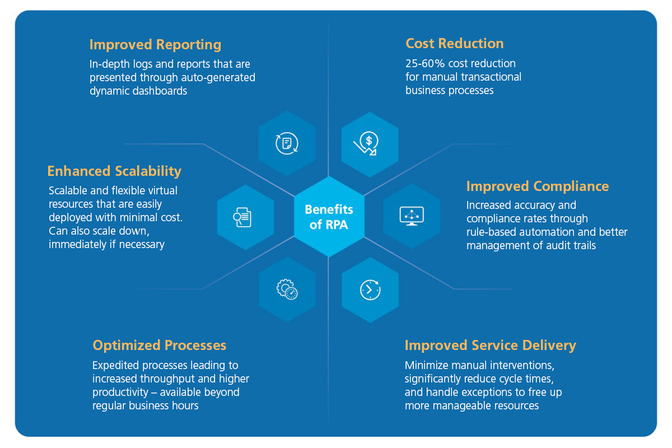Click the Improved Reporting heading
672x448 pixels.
tap(155, 45)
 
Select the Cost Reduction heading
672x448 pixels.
tap(454, 43)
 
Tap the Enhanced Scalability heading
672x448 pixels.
tap(114, 171)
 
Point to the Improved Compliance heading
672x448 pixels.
tap(538, 186)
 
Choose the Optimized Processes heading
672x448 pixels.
tap(160, 345)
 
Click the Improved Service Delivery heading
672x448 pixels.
tap(490, 346)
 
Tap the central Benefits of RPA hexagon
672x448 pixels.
tap(329, 217)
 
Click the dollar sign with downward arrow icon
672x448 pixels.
tap(368, 144)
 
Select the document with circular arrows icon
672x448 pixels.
tap(287, 143)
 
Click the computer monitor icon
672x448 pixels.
tap(412, 216)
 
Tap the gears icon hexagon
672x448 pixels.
tap(287, 290)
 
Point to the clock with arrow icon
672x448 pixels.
tap(370, 290)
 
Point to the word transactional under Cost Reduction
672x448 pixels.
tap(491, 77)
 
